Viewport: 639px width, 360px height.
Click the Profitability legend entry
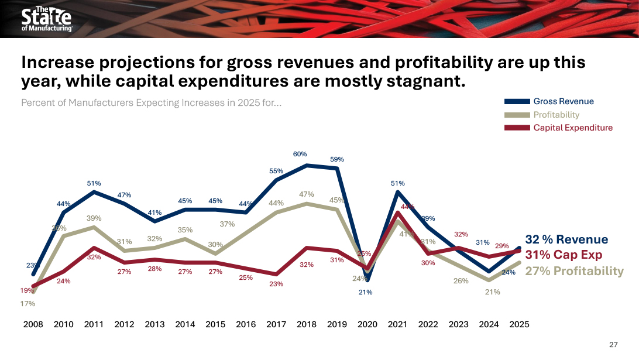click(x=556, y=115)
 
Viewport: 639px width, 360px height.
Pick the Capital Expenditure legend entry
click(x=573, y=128)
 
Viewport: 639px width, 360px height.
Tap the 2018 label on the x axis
click(x=307, y=324)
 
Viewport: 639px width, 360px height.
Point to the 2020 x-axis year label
click(x=367, y=324)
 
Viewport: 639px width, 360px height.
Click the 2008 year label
click(x=33, y=324)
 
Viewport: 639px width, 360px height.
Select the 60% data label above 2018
click(x=300, y=154)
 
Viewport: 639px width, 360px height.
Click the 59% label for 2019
click(x=337, y=159)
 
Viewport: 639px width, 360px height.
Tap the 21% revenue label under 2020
click(x=366, y=292)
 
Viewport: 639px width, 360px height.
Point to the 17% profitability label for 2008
click(x=28, y=304)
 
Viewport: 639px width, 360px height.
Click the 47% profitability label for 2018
click(x=307, y=194)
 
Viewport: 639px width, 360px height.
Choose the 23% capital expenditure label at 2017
click(x=276, y=284)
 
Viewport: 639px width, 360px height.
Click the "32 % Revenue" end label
click(x=566, y=239)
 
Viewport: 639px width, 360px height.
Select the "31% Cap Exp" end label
click(x=564, y=255)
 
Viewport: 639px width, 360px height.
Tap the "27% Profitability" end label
click(x=574, y=270)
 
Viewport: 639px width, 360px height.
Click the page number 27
click(x=613, y=344)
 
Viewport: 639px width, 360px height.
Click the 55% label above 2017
click(x=276, y=171)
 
